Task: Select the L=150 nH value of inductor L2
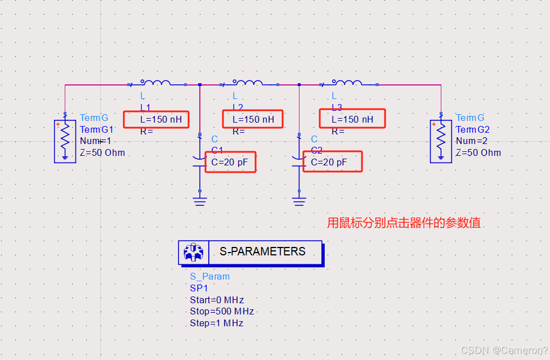(x=253, y=119)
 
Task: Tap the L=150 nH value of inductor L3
(x=352, y=119)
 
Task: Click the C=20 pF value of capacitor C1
(x=230, y=163)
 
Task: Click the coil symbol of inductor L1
(x=155, y=83)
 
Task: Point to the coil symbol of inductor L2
(x=248, y=83)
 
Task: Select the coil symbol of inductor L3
(x=347, y=83)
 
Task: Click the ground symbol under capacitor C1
(x=200, y=200)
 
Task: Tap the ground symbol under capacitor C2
(x=299, y=200)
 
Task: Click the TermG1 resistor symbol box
(x=65, y=141)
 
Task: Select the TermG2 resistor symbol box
(x=441, y=141)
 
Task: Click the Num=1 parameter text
(x=96, y=141)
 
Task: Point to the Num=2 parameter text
(x=472, y=141)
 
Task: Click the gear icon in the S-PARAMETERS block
(x=193, y=252)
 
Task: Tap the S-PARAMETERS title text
(x=262, y=251)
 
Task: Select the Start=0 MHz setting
(x=217, y=300)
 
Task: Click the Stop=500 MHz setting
(x=222, y=311)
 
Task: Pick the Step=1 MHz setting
(x=216, y=323)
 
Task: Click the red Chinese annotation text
(x=404, y=223)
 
